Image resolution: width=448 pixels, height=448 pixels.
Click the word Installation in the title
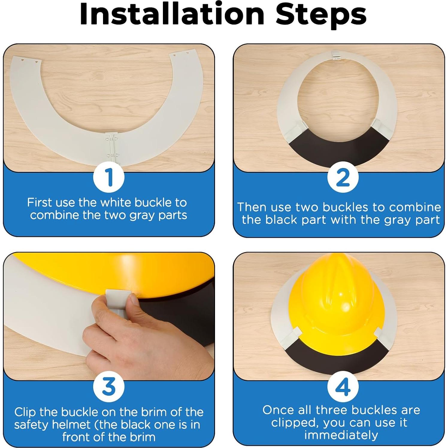pyautogui.click(x=172, y=14)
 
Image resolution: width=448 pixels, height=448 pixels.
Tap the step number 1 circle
pyautogui.click(x=109, y=178)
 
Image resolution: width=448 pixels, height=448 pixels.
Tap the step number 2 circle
pyautogui.click(x=343, y=177)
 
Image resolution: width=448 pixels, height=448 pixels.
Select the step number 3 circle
pyautogui.click(x=109, y=386)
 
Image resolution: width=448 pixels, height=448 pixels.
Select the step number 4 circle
pyautogui.click(x=343, y=387)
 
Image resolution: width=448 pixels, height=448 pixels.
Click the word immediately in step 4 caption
pyautogui.click(x=341, y=435)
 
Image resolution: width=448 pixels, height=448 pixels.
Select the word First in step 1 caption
pyautogui.click(x=40, y=203)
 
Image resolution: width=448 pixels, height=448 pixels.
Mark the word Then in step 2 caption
pyautogui.click(x=253, y=207)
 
